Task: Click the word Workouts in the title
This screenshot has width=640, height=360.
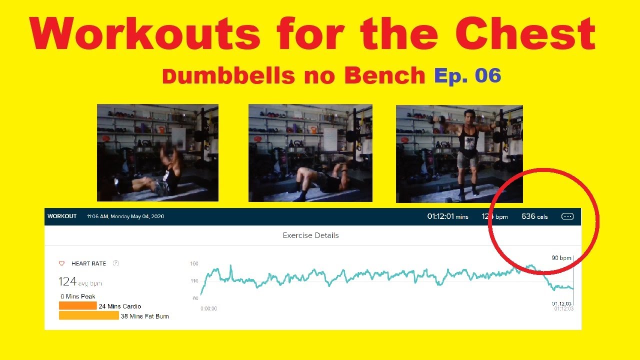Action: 145,34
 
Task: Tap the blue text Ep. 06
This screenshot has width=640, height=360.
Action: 467,75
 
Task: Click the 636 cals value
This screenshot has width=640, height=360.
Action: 534,216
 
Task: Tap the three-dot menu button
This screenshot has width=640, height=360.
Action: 567,216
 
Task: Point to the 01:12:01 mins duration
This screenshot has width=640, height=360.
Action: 447,216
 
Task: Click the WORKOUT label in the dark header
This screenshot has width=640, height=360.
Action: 62,216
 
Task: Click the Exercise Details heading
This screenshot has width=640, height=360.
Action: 310,235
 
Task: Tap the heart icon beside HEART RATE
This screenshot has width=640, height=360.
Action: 62,263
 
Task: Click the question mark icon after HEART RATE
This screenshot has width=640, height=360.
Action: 116,263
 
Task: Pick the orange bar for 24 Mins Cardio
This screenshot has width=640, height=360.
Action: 77,305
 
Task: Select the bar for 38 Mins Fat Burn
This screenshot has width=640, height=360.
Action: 88,315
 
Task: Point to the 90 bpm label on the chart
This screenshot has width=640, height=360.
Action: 561,258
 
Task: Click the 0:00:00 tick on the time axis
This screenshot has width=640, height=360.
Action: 208,308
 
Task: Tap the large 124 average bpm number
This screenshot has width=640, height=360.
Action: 67,281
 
